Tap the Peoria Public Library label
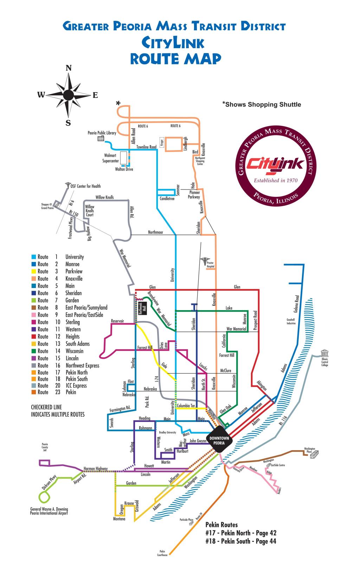(x=102, y=133)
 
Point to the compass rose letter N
(x=69, y=68)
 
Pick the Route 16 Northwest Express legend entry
(x=65, y=365)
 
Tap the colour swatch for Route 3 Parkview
(x=33, y=271)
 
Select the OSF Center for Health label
(x=85, y=186)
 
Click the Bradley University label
(x=167, y=432)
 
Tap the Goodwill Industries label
(x=291, y=321)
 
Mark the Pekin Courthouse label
(x=162, y=553)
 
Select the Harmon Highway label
(x=96, y=468)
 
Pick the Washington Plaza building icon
(x=312, y=456)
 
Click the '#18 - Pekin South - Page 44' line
(x=241, y=541)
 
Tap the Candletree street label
(x=167, y=199)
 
